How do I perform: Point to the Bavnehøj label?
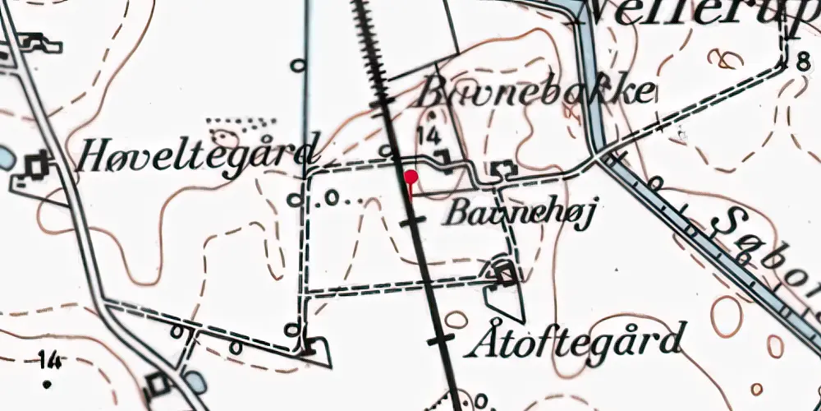pyautogui.click(x=518, y=213)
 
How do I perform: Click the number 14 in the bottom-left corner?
pyautogui.click(x=49, y=358)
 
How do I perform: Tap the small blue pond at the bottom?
pyautogui.click(x=195, y=381)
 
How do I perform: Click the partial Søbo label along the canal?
pyautogui.click(x=759, y=247)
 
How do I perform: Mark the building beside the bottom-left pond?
pyautogui.click(x=158, y=383)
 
